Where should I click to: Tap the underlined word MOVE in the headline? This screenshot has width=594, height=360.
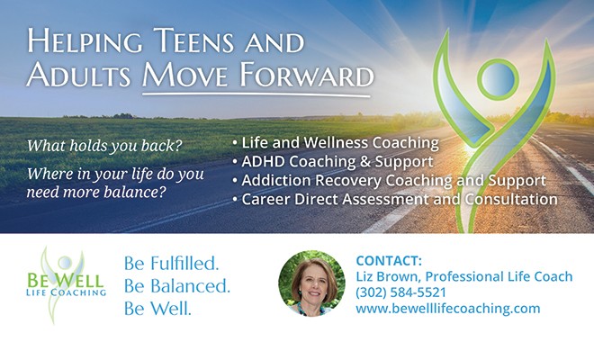(185, 75)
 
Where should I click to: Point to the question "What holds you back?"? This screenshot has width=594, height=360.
(104, 146)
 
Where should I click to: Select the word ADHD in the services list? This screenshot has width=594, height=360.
(263, 161)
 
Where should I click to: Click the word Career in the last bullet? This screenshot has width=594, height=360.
(265, 199)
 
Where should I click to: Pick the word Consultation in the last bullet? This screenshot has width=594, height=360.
(511, 199)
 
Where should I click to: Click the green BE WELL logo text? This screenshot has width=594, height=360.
(65, 281)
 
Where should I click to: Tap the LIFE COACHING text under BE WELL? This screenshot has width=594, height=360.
(67, 292)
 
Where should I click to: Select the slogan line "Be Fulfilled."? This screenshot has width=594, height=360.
(172, 264)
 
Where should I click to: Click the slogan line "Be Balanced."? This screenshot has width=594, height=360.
(177, 286)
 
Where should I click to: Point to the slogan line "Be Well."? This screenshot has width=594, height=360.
(157, 309)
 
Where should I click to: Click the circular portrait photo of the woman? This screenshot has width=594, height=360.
(311, 283)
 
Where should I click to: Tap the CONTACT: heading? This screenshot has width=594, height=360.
(389, 261)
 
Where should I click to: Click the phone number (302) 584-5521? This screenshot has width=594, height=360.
(400, 292)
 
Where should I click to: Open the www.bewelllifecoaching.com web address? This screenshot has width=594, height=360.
(448, 309)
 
